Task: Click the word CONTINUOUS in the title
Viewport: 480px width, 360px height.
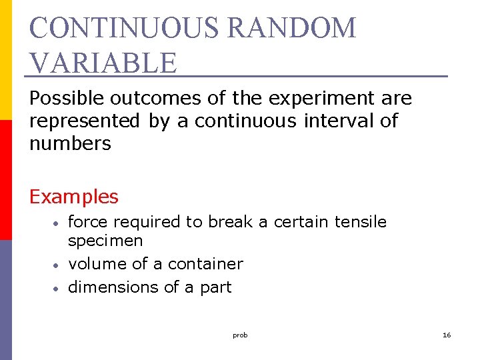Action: point(125,29)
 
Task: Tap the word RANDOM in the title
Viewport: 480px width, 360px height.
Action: point(292,29)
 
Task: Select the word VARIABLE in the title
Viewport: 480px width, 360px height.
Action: point(103,63)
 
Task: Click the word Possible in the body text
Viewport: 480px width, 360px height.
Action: point(67,99)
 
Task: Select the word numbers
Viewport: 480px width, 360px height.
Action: point(70,143)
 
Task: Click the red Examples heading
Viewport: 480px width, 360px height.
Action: point(74,197)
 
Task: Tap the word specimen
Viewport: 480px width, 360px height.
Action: point(105,240)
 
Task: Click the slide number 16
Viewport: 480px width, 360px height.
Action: point(447,335)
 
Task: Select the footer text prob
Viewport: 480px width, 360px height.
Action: point(240,335)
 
